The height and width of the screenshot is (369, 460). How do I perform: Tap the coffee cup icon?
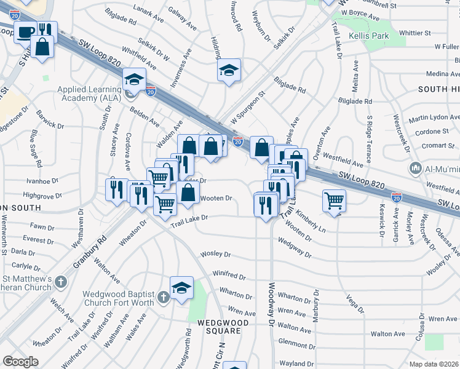point(26,31)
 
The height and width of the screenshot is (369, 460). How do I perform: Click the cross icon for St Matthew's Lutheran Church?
point(60,282)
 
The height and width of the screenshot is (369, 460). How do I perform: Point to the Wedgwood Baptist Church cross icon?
point(162,297)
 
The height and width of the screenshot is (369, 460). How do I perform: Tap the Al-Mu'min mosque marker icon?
point(416,168)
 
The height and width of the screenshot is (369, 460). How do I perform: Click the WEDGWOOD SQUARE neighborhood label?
point(223,327)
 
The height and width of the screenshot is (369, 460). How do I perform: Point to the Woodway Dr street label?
point(270,304)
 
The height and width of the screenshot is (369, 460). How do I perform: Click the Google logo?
point(21,362)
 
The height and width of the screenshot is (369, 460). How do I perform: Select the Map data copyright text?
point(434,364)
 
